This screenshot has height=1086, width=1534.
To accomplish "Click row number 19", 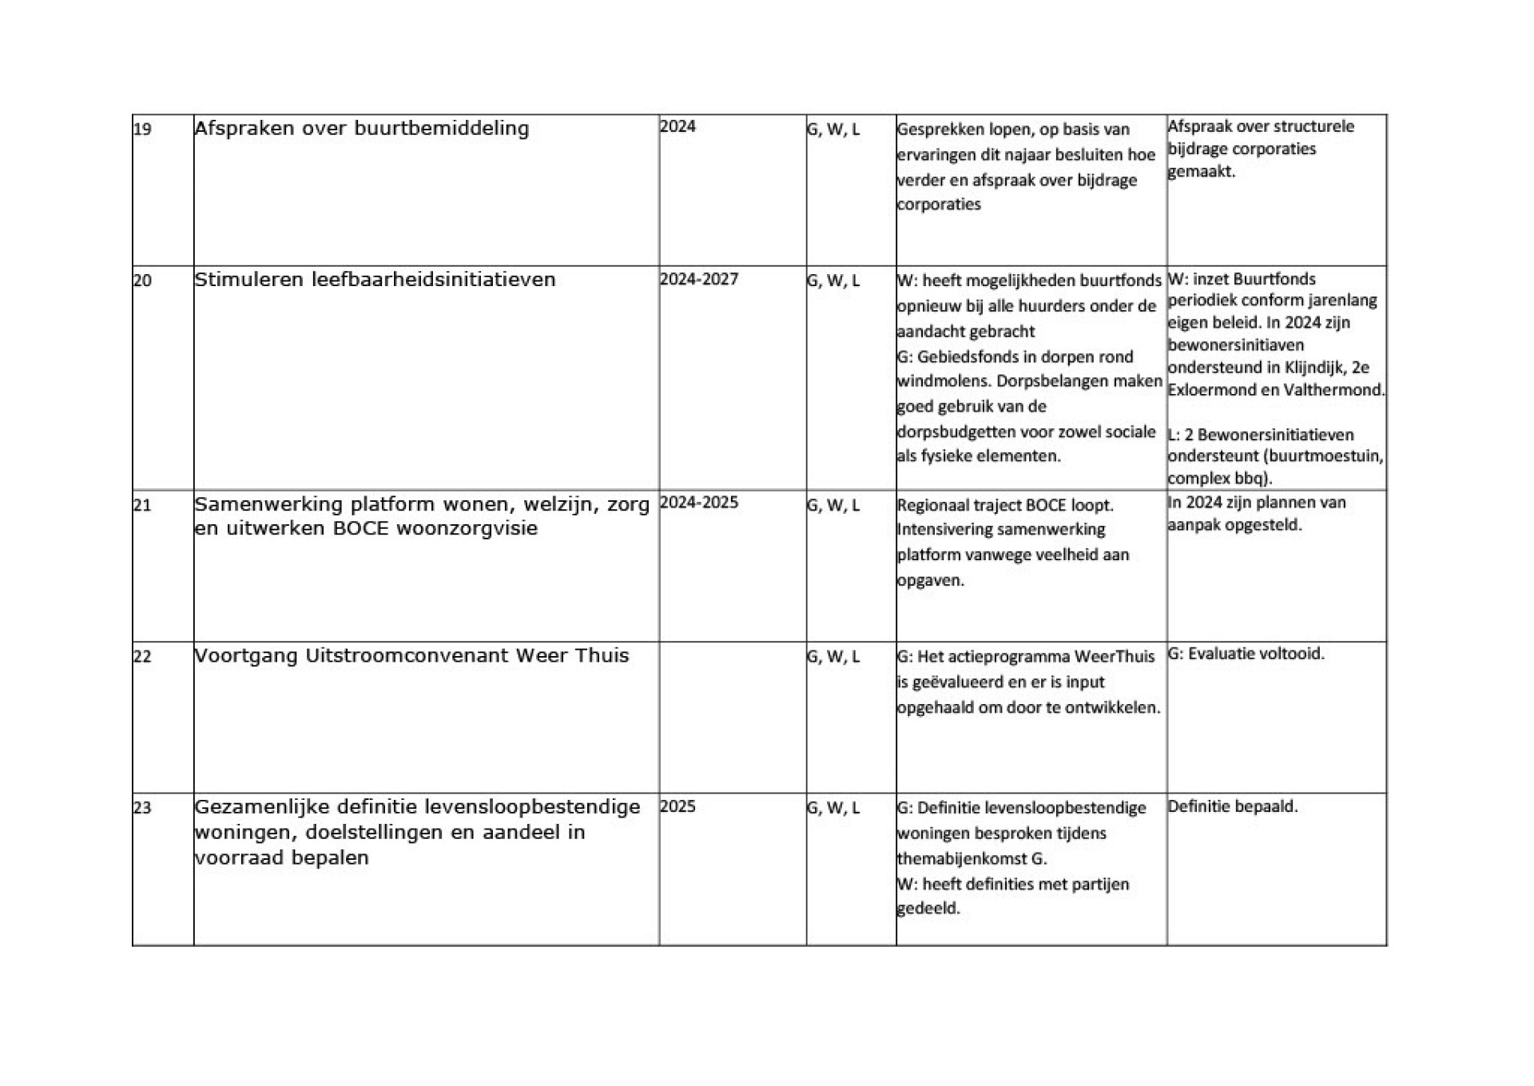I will (x=142, y=129).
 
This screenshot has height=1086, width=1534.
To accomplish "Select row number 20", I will (x=142, y=280).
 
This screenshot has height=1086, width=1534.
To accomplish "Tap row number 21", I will (x=142, y=505).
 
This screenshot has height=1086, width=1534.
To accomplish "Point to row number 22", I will (x=142, y=657).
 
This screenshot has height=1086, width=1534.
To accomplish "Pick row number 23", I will (x=142, y=808).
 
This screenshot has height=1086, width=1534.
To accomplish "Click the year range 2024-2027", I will (x=699, y=280).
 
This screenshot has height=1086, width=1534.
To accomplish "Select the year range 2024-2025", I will (x=699, y=503).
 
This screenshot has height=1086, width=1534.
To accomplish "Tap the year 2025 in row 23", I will (x=678, y=806).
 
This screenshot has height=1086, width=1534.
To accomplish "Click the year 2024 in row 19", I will (x=678, y=126).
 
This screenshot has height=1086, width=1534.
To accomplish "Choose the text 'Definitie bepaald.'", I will (x=1233, y=806).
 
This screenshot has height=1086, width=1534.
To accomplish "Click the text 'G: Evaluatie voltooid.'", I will (x=1246, y=654).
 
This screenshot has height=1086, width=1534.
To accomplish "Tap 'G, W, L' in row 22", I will (x=833, y=657).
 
